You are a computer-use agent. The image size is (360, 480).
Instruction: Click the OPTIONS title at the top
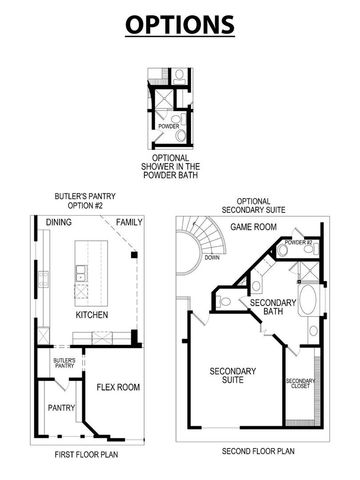pyautogui.click(x=180, y=23)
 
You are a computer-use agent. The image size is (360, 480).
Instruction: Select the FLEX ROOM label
pyautogui.click(x=117, y=386)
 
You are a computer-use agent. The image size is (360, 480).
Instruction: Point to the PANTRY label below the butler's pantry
pyautogui.click(x=56, y=408)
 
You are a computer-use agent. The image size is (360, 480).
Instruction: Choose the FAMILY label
pyautogui.click(x=128, y=221)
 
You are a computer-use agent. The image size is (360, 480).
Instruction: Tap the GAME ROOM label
pyautogui.click(x=253, y=228)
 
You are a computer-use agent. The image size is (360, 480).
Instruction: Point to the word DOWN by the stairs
pyautogui.click(x=212, y=256)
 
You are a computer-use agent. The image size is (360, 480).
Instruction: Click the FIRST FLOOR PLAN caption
pyautogui.click(x=87, y=452)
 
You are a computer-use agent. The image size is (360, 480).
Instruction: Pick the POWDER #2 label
pyautogui.click(x=298, y=243)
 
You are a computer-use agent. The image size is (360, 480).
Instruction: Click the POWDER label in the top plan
pyautogui.click(x=169, y=126)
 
